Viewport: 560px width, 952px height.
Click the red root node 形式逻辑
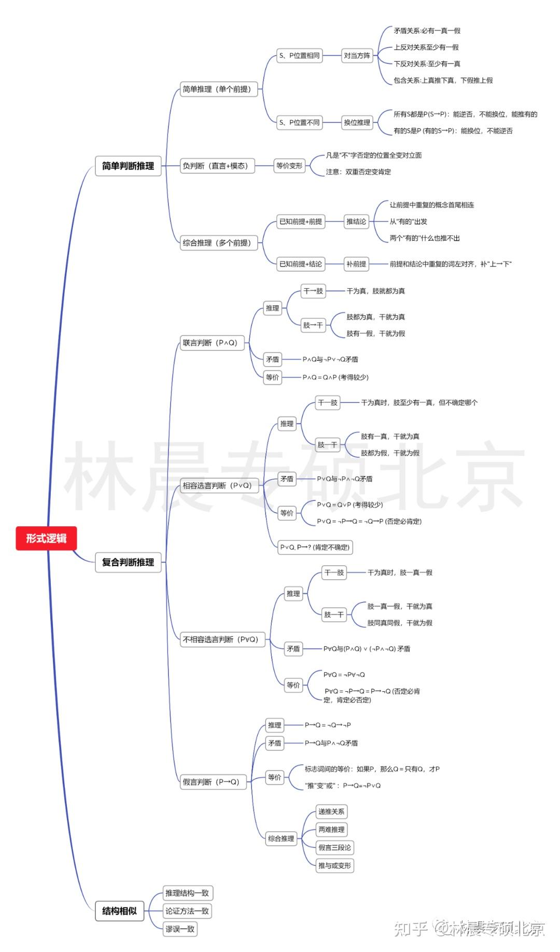point(46,538)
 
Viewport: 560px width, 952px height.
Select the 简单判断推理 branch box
point(128,166)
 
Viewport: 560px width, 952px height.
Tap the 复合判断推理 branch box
point(128,562)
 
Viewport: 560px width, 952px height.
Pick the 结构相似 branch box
point(119,911)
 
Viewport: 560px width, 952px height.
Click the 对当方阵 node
point(357,55)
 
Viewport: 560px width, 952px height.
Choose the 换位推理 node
point(357,122)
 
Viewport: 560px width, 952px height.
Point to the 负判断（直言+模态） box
point(217,166)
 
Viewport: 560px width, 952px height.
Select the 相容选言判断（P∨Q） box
point(219,485)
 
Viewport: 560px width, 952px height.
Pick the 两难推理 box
point(331,830)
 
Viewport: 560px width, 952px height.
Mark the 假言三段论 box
point(334,847)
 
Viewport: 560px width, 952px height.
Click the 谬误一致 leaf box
point(180,929)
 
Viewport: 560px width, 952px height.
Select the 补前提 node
point(356,264)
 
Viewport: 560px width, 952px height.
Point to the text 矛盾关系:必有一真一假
point(427,31)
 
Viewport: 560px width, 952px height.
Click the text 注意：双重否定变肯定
point(358,172)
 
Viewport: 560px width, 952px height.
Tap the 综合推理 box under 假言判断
point(281,838)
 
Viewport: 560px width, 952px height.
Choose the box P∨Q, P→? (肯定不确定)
point(315,547)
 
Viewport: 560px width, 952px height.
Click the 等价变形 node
point(289,166)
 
